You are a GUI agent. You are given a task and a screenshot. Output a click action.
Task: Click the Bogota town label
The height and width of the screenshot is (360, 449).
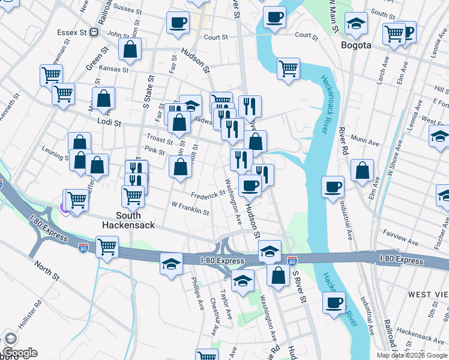356,45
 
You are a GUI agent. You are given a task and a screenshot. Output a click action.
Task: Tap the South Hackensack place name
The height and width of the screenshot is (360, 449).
130,220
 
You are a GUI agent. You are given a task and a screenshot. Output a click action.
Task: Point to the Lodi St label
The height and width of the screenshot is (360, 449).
109,122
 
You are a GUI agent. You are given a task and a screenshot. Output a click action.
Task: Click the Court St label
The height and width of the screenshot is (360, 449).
216,37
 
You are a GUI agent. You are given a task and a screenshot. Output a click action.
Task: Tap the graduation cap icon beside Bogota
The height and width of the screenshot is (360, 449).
357,23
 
